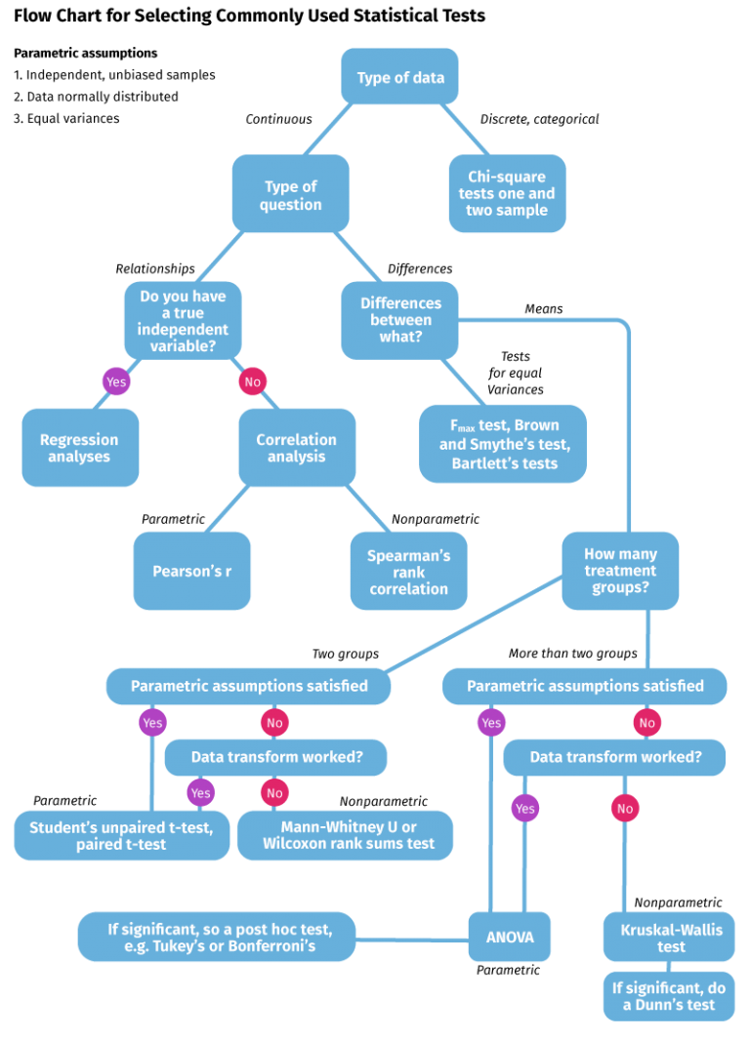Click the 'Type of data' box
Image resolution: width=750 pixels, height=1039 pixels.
(x=399, y=77)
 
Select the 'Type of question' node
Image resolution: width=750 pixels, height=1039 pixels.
(x=291, y=194)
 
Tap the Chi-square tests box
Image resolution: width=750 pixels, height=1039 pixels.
(x=507, y=193)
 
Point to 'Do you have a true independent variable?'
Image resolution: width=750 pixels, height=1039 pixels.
(x=183, y=321)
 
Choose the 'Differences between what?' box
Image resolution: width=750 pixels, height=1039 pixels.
(x=399, y=320)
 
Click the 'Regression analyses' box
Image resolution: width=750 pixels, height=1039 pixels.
(x=80, y=448)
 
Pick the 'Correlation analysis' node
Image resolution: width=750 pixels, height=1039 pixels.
(x=296, y=448)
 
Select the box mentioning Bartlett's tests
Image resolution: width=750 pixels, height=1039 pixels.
(x=503, y=444)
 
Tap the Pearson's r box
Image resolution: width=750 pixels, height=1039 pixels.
(x=192, y=571)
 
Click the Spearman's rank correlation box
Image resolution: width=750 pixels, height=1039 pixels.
(x=408, y=572)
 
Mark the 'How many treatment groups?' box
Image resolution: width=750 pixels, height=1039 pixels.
(x=620, y=571)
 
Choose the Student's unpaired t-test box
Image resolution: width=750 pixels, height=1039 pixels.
(x=122, y=835)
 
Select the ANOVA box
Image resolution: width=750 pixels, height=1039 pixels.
(x=510, y=938)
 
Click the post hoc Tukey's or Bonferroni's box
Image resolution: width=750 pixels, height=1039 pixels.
(x=217, y=938)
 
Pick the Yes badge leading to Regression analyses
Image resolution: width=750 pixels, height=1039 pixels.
(x=116, y=381)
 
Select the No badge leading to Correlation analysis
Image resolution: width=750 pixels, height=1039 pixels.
(x=252, y=381)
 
